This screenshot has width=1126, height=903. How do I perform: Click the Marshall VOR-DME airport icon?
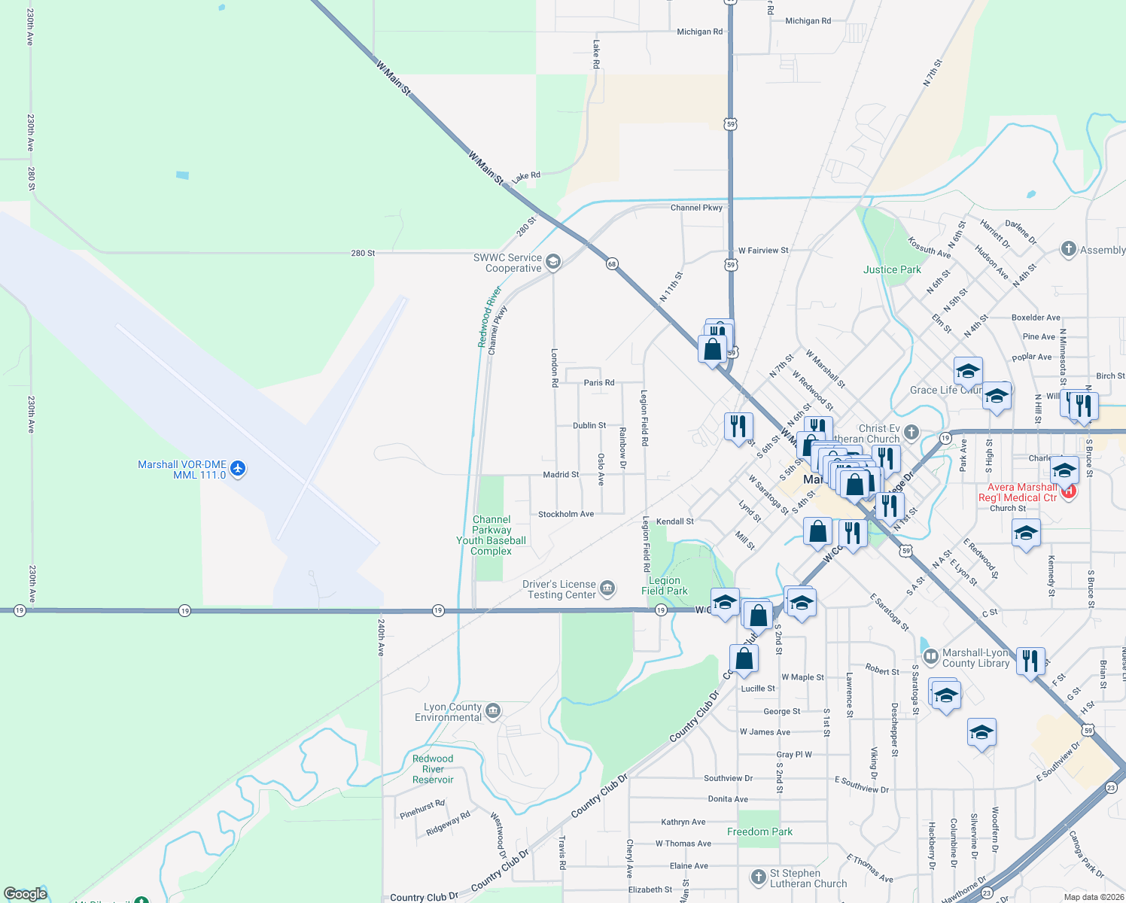tap(238, 469)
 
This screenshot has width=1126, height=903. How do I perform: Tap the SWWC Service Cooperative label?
tap(507, 263)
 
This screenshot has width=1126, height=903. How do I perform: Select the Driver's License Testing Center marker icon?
tap(608, 588)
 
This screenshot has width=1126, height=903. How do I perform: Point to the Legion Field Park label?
tap(665, 585)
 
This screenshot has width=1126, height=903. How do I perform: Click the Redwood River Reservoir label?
tap(433, 769)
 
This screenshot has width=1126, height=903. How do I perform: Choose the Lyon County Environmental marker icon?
tap(493, 710)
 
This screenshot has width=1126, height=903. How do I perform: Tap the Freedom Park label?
tap(759, 832)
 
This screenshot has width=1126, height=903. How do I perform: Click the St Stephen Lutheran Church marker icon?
tap(759, 877)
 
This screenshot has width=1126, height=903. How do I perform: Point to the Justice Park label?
tap(892, 269)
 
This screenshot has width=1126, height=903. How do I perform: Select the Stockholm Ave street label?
tap(566, 514)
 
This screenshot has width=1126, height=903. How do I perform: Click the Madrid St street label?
tap(561, 475)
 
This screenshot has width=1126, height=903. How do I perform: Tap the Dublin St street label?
tap(589, 425)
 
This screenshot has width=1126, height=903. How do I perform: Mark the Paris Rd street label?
tap(599, 382)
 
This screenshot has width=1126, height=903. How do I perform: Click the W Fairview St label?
tap(763, 250)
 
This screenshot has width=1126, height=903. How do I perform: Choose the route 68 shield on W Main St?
tap(612, 263)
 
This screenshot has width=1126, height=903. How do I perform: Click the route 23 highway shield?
tap(1112, 787)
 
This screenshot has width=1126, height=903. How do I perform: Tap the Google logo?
tap(26, 894)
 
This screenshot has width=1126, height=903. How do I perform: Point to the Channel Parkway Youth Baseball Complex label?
tap(491, 535)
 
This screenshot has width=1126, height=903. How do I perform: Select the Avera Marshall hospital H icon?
tap(1069, 491)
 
